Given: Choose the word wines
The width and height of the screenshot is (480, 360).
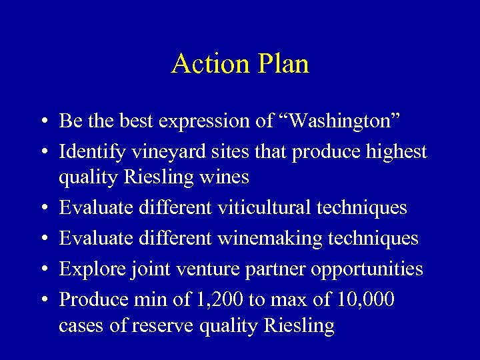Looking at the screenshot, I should click(227, 177).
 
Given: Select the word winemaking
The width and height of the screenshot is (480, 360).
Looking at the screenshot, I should click(271, 239).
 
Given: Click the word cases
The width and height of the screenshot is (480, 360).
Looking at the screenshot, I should click(79, 326).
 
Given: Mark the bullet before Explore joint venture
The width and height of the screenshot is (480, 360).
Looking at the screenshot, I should click(43, 269).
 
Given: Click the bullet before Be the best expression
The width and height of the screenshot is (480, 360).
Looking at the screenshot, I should click(43, 121).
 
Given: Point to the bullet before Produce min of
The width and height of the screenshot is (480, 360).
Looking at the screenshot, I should click(43, 300).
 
